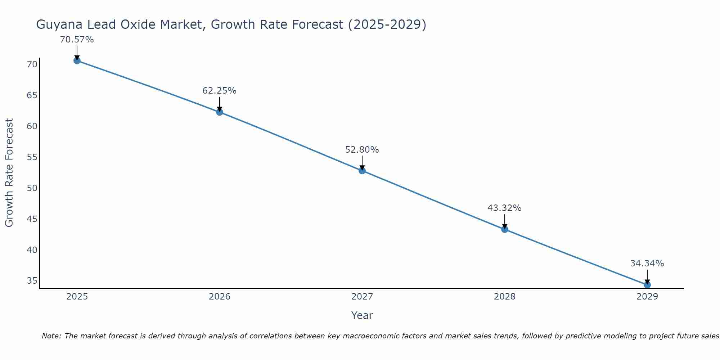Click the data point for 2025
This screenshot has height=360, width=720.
coord(77,60)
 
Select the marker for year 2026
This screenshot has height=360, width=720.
coord(220,112)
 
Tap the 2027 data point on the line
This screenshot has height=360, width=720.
coord(362,171)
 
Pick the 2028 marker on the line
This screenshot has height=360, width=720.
coord(505,229)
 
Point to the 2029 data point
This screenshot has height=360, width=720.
coord(647,285)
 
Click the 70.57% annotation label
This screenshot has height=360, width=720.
coord(77,40)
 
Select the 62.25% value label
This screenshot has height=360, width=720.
coord(219,91)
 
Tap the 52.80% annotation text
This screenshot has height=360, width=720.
coord(362,150)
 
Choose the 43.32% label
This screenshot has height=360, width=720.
coord(504,208)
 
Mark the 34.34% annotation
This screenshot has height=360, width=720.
coord(647,264)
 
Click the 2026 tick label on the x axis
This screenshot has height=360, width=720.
coord(220,297)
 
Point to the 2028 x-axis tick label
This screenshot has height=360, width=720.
coord(505,297)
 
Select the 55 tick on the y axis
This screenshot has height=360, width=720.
coord(32,157)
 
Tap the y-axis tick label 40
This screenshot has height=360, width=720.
coord(32,250)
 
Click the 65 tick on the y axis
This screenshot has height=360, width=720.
coord(32,95)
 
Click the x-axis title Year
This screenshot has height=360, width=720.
coord(362,315)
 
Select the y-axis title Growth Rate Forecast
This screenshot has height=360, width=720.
coord(9,173)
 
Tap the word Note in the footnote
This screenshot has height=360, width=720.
coord(52,336)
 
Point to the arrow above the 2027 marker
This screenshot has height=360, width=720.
coord(362,162)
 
